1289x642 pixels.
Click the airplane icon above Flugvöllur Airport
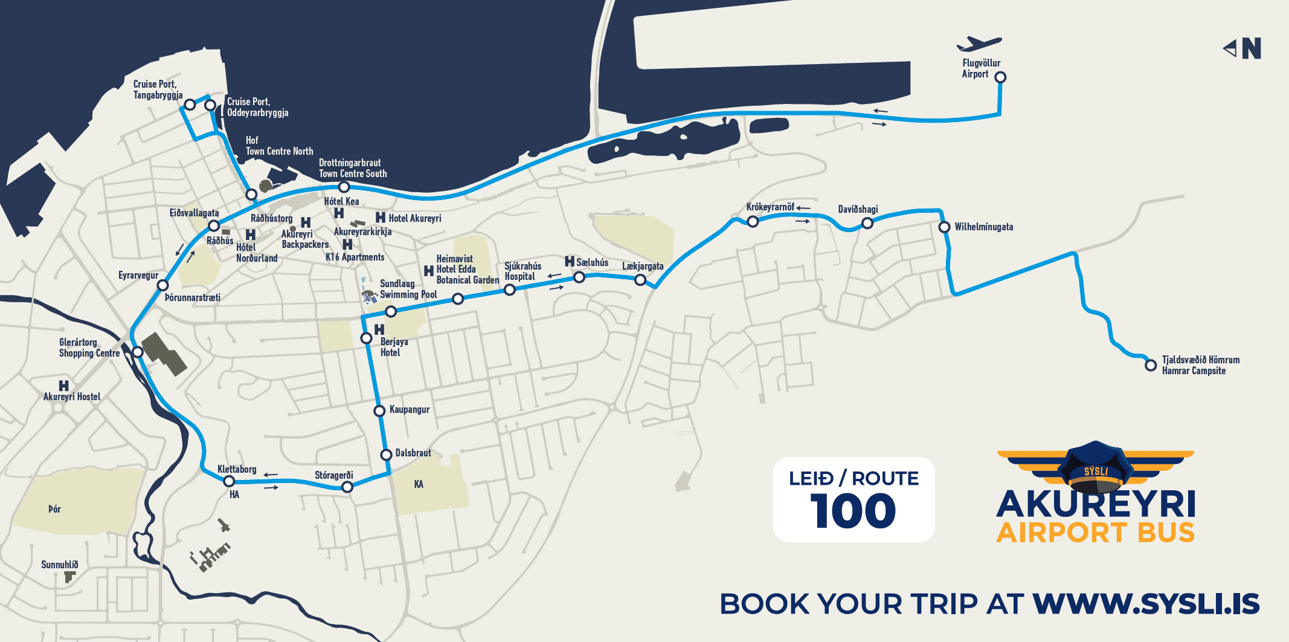(x=979, y=44)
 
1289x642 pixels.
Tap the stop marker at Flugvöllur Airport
(x=1000, y=77)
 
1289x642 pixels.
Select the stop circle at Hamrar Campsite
(x=1151, y=365)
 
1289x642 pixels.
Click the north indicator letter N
(x=1252, y=48)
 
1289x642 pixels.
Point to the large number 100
(x=853, y=511)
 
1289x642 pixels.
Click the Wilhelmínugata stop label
(x=983, y=227)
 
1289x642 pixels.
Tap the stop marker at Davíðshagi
(x=867, y=223)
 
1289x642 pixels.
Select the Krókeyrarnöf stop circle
(x=753, y=221)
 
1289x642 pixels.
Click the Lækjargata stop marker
(x=640, y=280)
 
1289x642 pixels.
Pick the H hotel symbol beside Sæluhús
(x=570, y=261)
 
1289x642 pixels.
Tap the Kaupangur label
(x=410, y=410)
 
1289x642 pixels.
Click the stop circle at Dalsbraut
(x=386, y=455)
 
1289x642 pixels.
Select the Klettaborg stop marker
(x=229, y=481)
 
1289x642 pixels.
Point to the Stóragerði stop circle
(x=347, y=487)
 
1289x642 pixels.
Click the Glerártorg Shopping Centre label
(x=89, y=348)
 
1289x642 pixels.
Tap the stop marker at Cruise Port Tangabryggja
(x=190, y=105)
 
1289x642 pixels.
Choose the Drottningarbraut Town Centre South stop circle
(x=344, y=187)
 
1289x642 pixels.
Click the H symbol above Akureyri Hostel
(x=63, y=385)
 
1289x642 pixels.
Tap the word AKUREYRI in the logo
(x=1096, y=504)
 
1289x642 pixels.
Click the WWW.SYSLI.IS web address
(x=1146, y=604)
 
